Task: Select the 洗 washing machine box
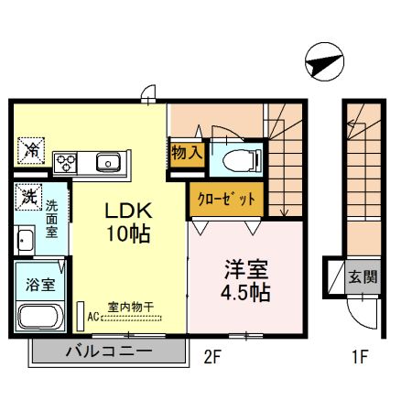(28, 195)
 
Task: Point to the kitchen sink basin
(108, 163)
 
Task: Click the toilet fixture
(241, 157)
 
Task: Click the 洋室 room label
(246, 270)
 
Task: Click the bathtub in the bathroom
(38, 318)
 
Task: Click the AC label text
(93, 318)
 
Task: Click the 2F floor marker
(212, 357)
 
